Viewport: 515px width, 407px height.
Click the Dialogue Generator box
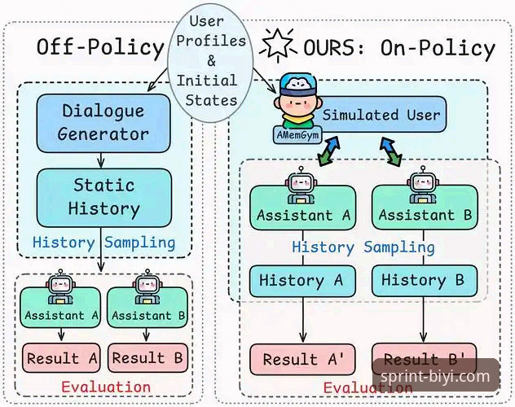pyautogui.click(x=103, y=123)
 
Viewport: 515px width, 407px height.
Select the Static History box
pyautogui.click(x=103, y=198)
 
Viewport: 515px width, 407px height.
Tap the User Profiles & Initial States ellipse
pyautogui.click(x=210, y=63)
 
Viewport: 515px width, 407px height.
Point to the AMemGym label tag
pyautogui.click(x=297, y=135)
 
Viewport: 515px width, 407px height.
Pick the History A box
pyautogui.click(x=302, y=281)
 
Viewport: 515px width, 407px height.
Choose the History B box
pyautogui.click(x=425, y=281)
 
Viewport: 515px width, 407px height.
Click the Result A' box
pyautogui.click(x=302, y=359)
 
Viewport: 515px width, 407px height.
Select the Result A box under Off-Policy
pyautogui.click(x=61, y=358)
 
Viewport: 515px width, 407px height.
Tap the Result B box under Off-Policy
pyautogui.click(x=147, y=358)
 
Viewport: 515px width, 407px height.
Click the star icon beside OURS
pyautogui.click(x=278, y=45)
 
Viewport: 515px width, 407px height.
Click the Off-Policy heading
pyautogui.click(x=100, y=47)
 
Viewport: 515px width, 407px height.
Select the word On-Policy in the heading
pyautogui.click(x=438, y=48)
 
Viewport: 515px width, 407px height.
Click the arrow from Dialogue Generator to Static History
pyautogui.click(x=101, y=160)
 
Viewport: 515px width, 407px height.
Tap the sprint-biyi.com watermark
pyautogui.click(x=435, y=376)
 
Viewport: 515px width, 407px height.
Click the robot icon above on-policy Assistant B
pyautogui.click(x=423, y=185)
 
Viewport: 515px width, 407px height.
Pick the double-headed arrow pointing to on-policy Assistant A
pyautogui.click(x=328, y=151)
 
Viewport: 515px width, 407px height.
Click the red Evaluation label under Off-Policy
pyautogui.click(x=106, y=387)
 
